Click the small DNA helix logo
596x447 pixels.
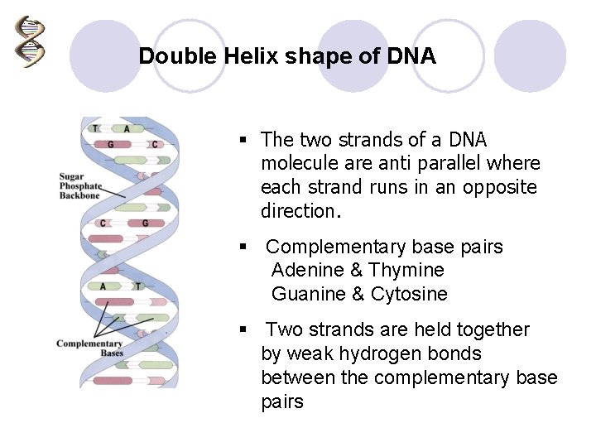[30, 42]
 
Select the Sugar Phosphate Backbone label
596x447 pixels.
[79, 186]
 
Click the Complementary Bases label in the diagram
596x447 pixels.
[89, 348]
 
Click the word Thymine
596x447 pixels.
[406, 270]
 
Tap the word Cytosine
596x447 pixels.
[409, 294]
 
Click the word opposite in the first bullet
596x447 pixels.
[499, 187]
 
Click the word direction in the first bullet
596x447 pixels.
[298, 211]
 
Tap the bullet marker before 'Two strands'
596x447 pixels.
[243, 329]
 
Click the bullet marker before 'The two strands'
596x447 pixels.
[243, 140]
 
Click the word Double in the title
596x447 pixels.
[171, 56]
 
